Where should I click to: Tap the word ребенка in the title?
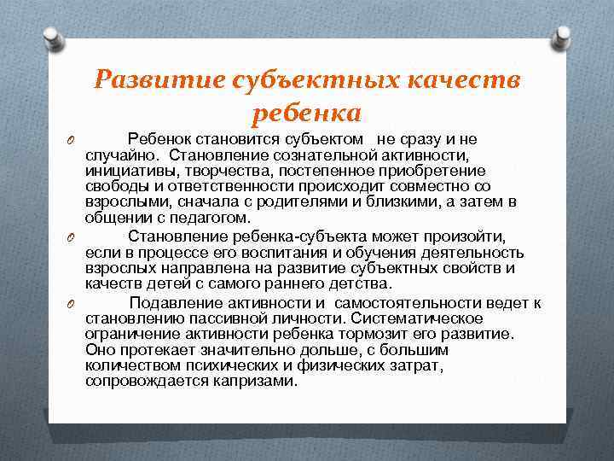(x=307, y=112)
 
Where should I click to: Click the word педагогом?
(x=198, y=217)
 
